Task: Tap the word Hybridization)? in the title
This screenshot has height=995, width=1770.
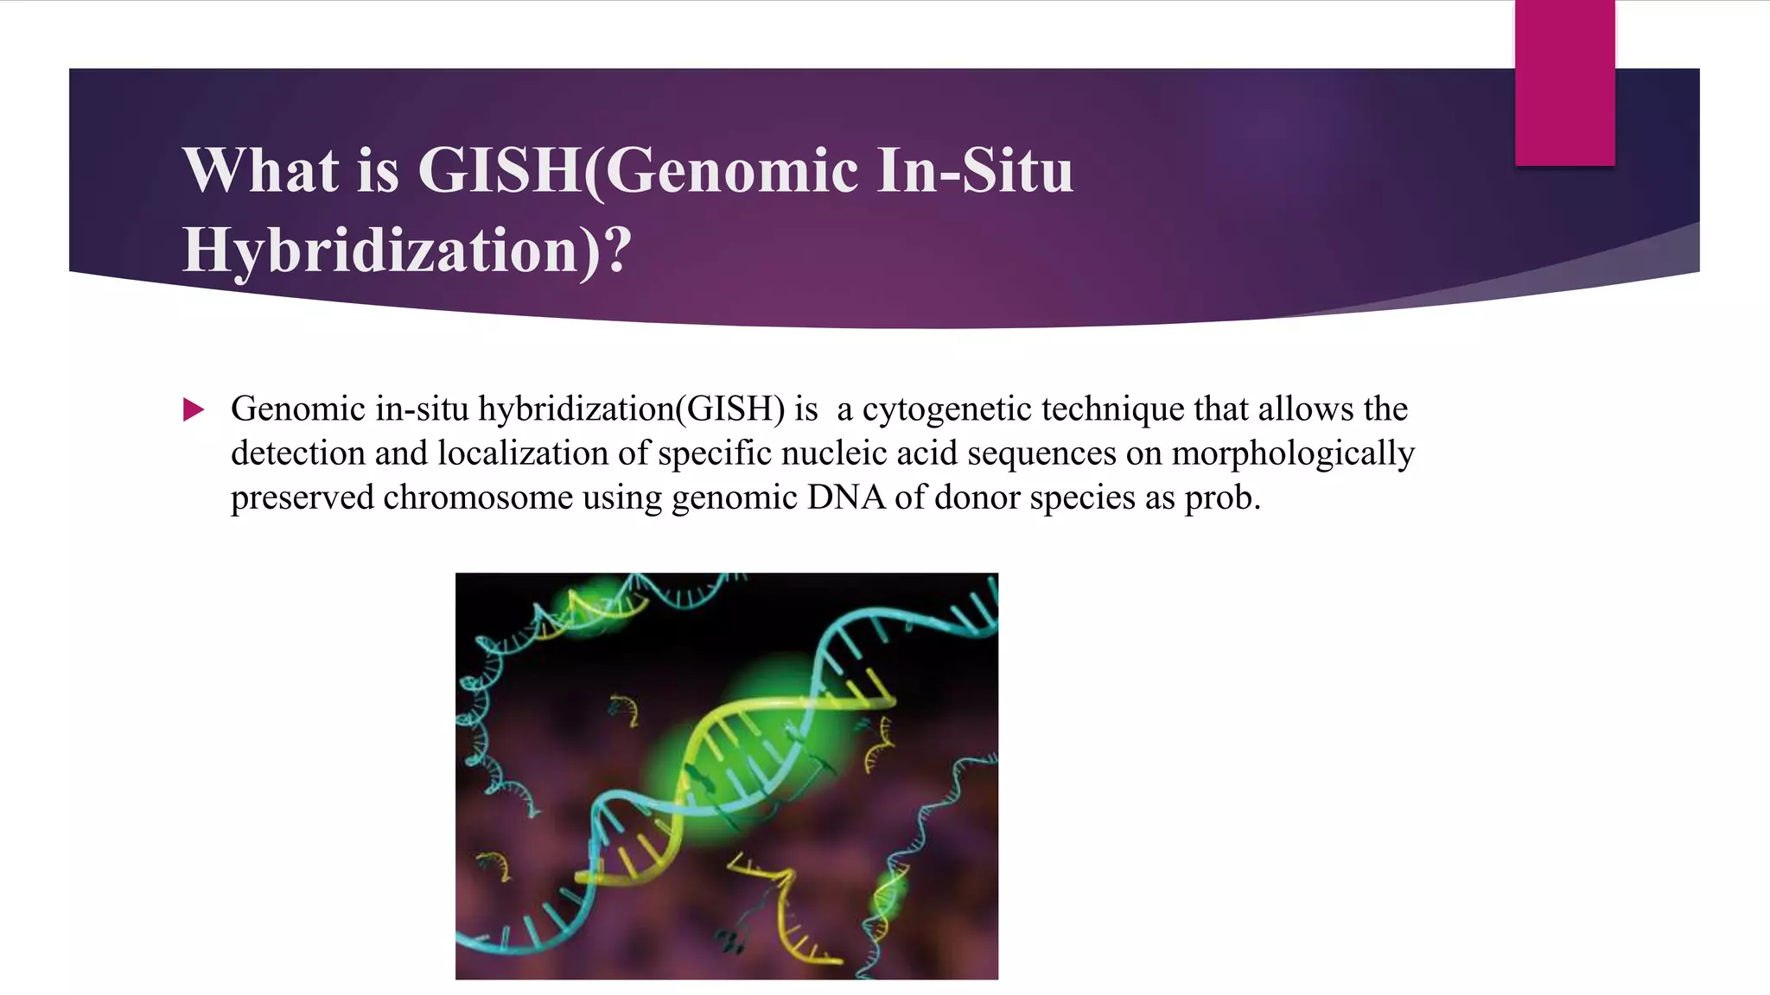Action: [406, 250]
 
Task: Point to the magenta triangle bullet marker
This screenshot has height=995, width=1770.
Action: [194, 409]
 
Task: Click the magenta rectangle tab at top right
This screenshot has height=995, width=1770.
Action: [1564, 82]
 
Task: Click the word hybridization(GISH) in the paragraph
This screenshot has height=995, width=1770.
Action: [632, 409]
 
